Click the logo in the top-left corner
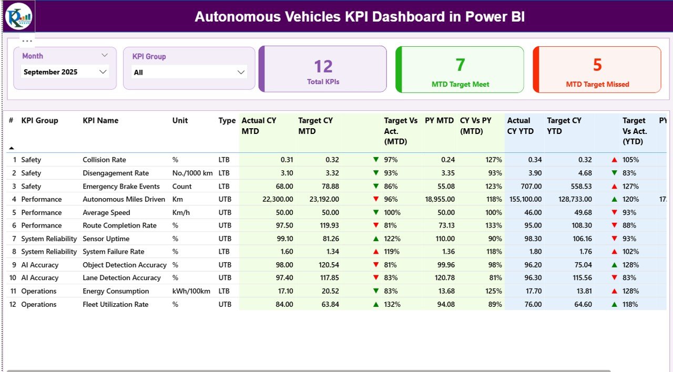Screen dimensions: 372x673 pos(18,16)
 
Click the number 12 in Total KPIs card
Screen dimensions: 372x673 pos(323,66)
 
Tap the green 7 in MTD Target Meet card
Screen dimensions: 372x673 pos(460,65)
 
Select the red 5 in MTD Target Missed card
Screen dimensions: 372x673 pos(597,65)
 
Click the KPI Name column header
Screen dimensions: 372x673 pos(100,120)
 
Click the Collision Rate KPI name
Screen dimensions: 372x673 pos(104,160)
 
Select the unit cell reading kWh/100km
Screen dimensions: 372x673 pos(191,291)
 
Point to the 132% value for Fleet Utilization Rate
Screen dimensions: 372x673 pos(392,304)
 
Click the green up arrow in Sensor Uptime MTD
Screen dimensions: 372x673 pos(376,239)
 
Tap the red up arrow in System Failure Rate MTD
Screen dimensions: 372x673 pos(376,252)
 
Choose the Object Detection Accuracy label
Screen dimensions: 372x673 pos(124,265)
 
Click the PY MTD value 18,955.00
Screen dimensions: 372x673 pos(440,199)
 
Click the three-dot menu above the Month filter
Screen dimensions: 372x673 pos(27,40)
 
